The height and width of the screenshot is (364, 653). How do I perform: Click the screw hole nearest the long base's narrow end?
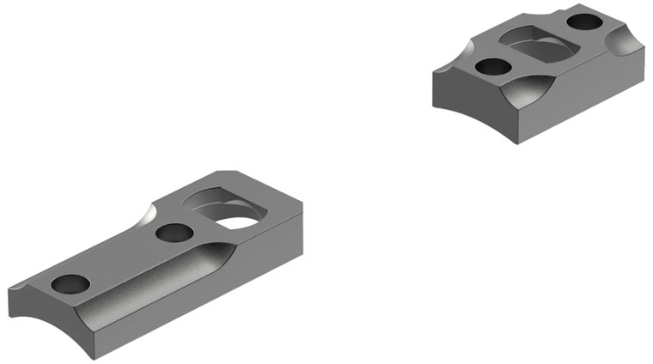click(x=70, y=283)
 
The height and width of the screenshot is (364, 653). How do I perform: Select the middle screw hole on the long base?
click(x=174, y=232)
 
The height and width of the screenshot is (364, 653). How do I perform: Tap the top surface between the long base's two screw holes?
click(x=120, y=258)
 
